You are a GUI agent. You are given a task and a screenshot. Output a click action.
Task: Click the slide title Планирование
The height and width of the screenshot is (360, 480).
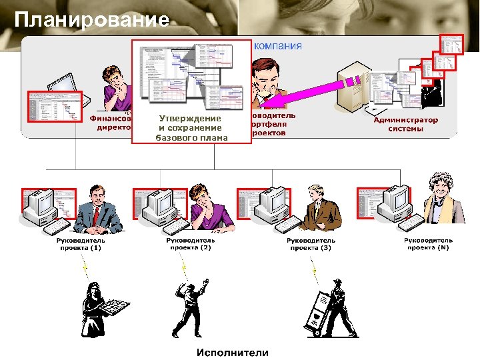tap(91, 20)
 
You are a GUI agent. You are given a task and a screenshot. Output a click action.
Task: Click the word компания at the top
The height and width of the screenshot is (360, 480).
tap(278, 46)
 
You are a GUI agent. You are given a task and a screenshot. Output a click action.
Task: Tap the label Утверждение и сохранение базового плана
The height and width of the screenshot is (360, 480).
tap(189, 128)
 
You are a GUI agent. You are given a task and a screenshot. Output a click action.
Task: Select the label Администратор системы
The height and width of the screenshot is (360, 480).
tap(405, 124)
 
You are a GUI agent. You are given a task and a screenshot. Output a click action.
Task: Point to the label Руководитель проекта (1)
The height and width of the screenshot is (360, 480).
tap(80, 244)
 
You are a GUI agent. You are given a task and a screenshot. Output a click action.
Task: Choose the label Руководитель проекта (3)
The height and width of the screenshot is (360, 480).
tap(311, 244)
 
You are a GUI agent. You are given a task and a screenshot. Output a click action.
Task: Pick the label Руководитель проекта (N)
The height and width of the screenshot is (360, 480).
tap(428, 244)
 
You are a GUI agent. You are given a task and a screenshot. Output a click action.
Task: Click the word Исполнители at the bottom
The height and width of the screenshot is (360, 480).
tap(232, 352)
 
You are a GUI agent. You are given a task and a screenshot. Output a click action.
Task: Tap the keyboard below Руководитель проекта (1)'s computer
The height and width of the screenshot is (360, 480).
tap(59, 229)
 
